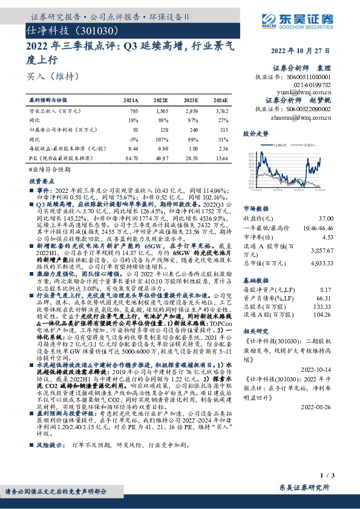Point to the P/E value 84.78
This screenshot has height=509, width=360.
point(131,158)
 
